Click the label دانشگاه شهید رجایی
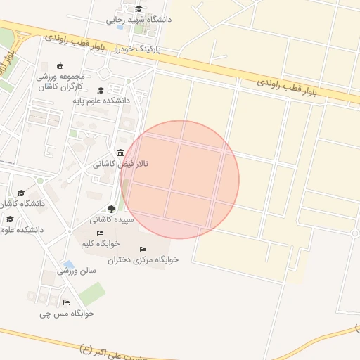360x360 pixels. pos(139,20)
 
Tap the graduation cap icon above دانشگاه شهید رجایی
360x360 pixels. pos(139,9)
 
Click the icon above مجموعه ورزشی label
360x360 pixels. pos(60,66)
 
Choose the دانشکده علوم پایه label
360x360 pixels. pos(102,101)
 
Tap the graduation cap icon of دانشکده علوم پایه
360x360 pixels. pos(101,91)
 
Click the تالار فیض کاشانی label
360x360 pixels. pos(121,164)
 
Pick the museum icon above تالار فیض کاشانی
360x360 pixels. pos(121,153)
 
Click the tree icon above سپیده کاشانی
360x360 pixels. pos(111,209)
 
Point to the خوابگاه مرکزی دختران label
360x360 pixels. pos(143,259)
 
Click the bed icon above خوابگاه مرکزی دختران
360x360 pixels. pos(143,249)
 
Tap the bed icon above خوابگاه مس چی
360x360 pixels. pos(66,302)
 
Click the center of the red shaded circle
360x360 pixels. pos(180,180)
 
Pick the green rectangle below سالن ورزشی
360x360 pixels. pos(92,293)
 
